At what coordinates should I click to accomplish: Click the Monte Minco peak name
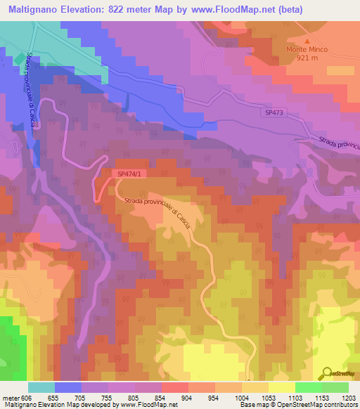309,50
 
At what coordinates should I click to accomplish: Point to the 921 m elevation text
309,58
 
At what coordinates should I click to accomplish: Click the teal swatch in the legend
41,387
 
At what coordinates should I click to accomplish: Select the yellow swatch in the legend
282,387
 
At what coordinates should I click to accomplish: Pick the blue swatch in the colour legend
68,387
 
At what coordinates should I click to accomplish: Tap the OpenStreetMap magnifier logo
327,372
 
